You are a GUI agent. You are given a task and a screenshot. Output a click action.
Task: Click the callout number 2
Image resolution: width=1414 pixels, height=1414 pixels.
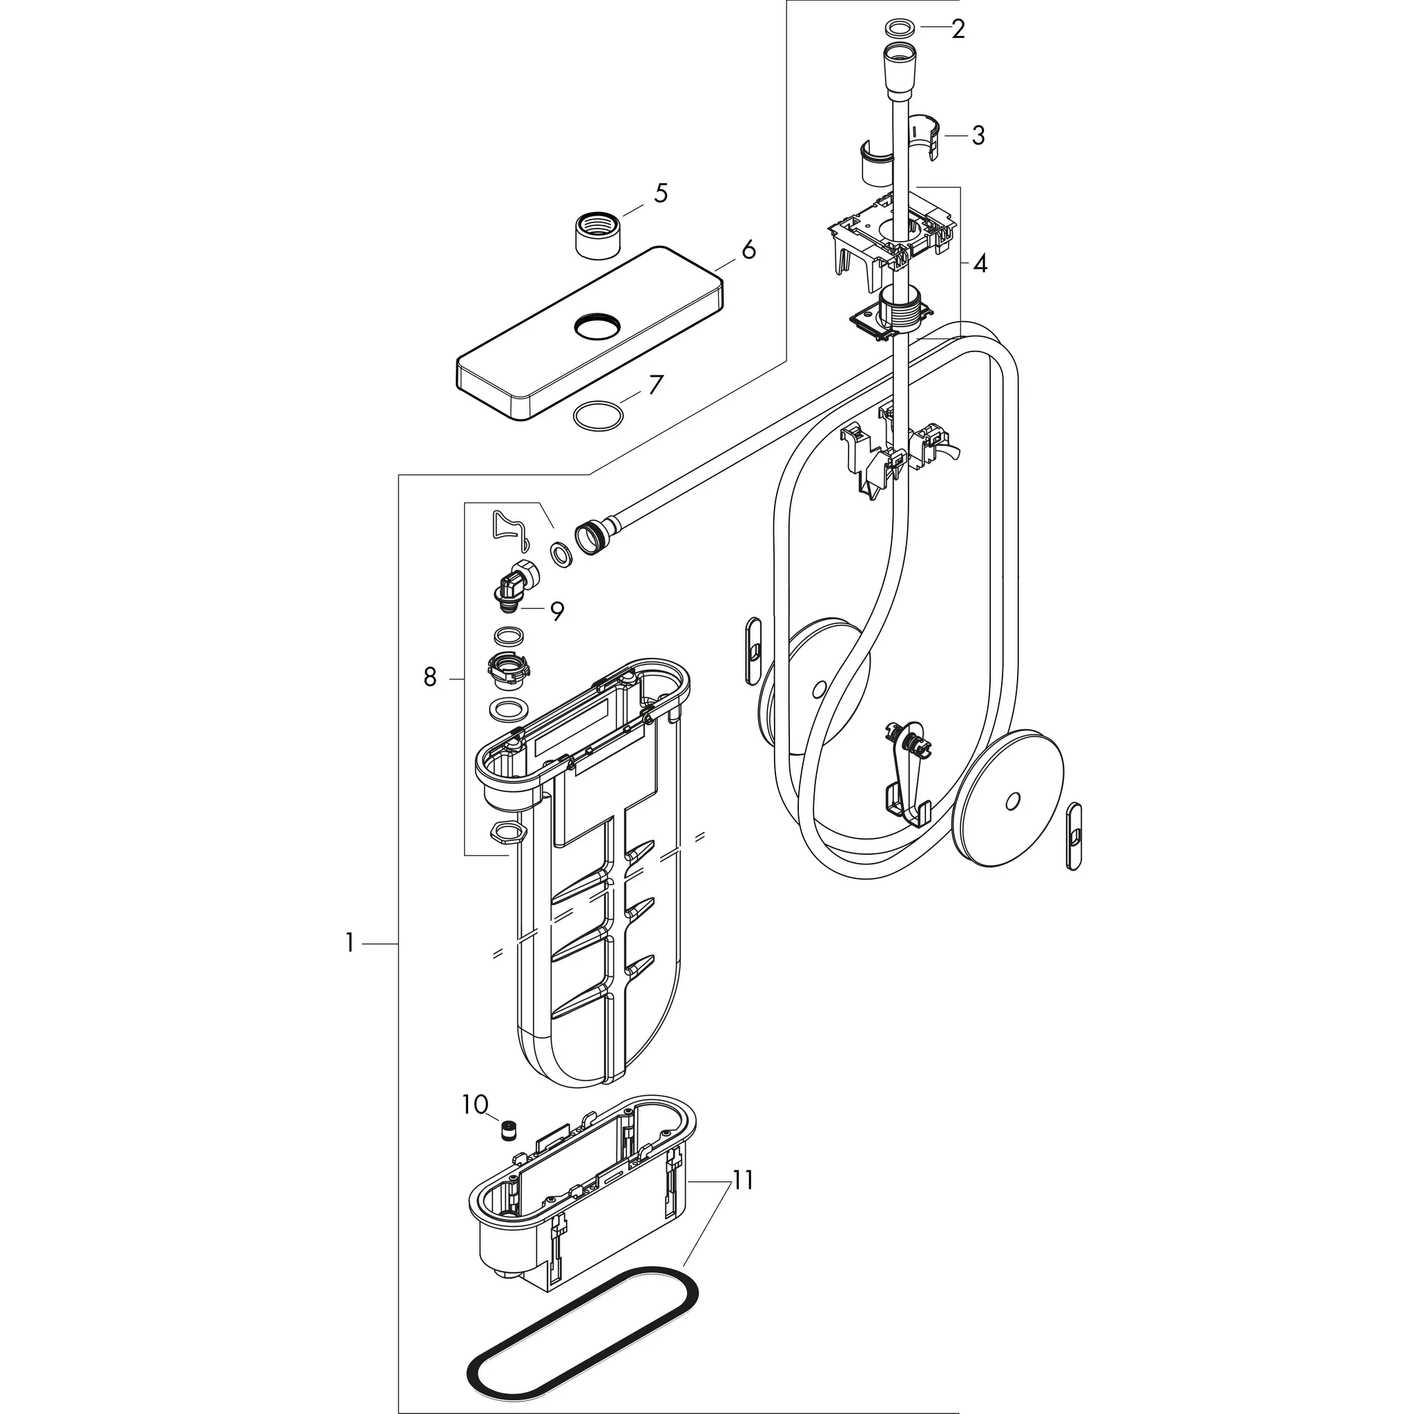click(x=958, y=30)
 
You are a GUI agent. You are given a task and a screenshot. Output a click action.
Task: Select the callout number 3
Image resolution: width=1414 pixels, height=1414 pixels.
click(x=978, y=136)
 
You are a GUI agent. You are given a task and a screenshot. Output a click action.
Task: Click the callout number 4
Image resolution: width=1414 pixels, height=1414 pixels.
click(x=979, y=264)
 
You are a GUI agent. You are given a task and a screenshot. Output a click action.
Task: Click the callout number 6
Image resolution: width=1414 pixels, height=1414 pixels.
click(x=748, y=251)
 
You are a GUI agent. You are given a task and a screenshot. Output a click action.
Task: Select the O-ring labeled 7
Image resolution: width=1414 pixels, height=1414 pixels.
click(x=600, y=416)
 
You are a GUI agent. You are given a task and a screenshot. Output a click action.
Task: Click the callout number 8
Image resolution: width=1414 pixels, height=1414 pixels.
click(x=429, y=678)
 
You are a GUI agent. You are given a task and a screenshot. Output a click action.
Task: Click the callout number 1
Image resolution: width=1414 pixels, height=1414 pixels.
click(x=350, y=943)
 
